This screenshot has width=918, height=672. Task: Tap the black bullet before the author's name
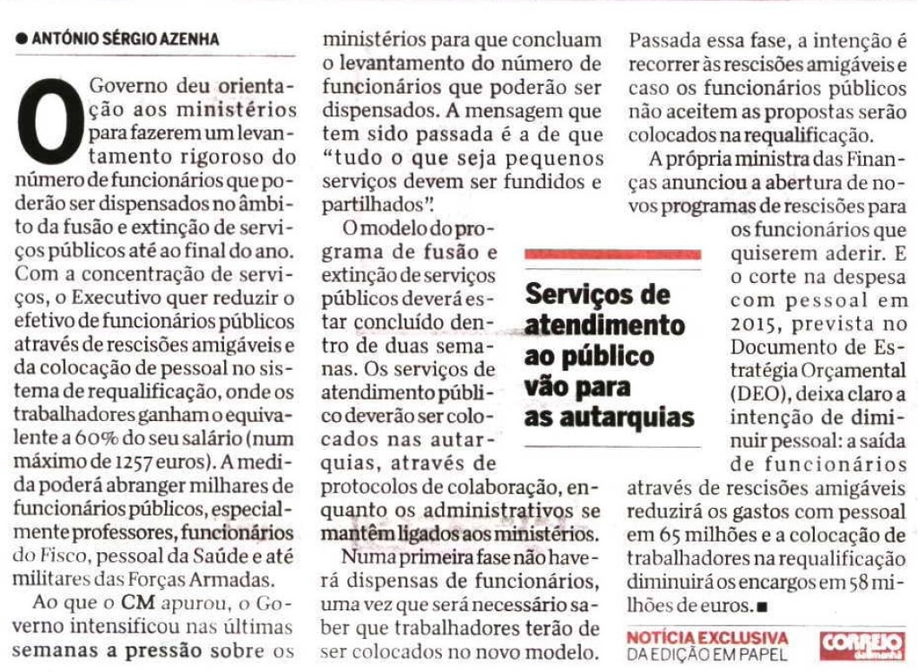[x=22, y=39]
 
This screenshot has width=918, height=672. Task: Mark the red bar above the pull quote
[x=613, y=254]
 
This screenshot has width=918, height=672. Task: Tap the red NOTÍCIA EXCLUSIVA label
[x=708, y=637]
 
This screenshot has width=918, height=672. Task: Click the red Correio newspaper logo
[x=862, y=644]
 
